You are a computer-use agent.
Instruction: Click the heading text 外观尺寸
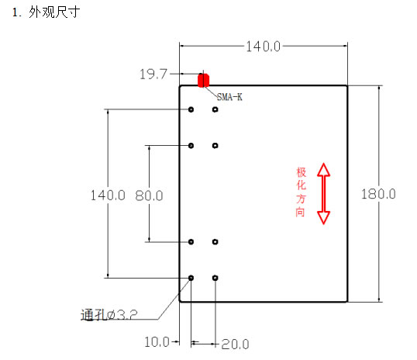(x=54, y=12)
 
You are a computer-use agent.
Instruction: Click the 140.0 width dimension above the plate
(x=263, y=47)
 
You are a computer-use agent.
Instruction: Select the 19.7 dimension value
(x=153, y=74)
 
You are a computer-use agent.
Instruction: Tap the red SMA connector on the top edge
(x=203, y=81)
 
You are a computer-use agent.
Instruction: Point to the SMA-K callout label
(x=229, y=97)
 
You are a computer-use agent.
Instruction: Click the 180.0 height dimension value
(x=378, y=194)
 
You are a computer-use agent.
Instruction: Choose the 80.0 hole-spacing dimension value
(x=149, y=196)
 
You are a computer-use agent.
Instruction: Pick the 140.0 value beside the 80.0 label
(x=108, y=196)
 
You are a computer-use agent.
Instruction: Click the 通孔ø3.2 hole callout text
(x=109, y=315)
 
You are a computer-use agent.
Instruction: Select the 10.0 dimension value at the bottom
(x=157, y=342)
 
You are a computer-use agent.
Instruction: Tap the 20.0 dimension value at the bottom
(x=235, y=344)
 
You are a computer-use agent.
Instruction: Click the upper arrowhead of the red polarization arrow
(x=324, y=170)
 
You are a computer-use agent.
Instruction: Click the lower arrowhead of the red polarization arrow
(x=324, y=218)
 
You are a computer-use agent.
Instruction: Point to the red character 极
(x=302, y=172)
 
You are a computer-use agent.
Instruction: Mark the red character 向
(x=301, y=213)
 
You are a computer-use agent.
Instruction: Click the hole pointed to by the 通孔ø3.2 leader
(x=191, y=278)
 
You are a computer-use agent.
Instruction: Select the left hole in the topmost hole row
(x=191, y=109)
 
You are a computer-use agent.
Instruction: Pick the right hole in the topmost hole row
(x=215, y=109)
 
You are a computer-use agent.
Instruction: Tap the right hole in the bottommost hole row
(x=215, y=278)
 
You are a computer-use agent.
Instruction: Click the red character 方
(x=301, y=199)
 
